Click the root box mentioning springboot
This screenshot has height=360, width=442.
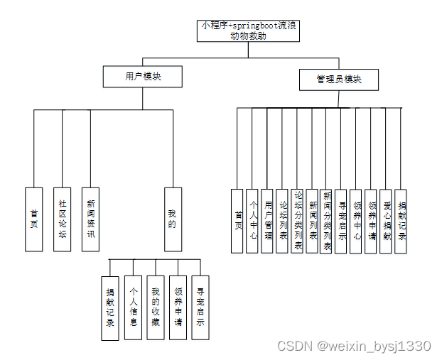click(248, 31)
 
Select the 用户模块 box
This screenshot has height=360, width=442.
click(143, 77)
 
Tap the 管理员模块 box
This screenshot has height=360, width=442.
click(338, 80)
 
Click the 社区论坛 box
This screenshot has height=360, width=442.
click(62, 219)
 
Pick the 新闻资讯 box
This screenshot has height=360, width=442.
click(90, 219)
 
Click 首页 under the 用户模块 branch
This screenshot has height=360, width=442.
click(34, 219)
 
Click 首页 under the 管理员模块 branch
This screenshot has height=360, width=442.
click(238, 221)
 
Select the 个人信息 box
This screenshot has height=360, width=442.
click(133, 307)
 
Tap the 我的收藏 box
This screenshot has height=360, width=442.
click(156, 307)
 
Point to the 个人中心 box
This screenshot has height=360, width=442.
click(252, 221)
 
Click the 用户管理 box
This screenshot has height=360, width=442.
click(267, 221)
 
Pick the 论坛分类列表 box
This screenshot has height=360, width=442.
click(298, 221)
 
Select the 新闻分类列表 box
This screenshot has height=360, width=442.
click(327, 221)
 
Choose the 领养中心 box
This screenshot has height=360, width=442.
click(357, 221)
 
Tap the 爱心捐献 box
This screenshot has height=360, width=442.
click(386, 221)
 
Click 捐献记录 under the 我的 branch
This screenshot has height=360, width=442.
click(109, 308)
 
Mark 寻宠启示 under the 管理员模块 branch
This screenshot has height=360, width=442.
click(341, 221)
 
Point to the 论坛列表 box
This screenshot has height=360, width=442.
click(283, 221)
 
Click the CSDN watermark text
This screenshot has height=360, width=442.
click(354, 346)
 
